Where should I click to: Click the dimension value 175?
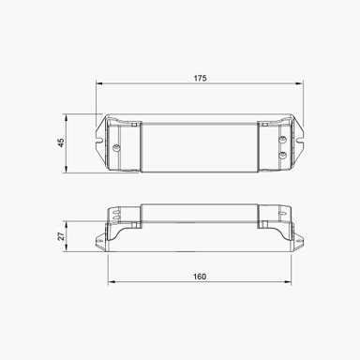click(x=200, y=77)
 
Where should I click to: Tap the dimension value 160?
click(x=200, y=276)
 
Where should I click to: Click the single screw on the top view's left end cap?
click(x=116, y=147)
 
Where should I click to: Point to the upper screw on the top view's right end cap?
click(x=284, y=137)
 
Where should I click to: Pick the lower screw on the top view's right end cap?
click(x=284, y=153)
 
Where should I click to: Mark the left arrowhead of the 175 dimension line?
click(x=98, y=84)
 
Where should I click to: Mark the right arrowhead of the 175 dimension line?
click(x=302, y=84)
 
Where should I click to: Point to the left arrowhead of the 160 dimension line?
click(x=108, y=282)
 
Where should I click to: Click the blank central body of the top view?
click(x=200, y=145)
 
